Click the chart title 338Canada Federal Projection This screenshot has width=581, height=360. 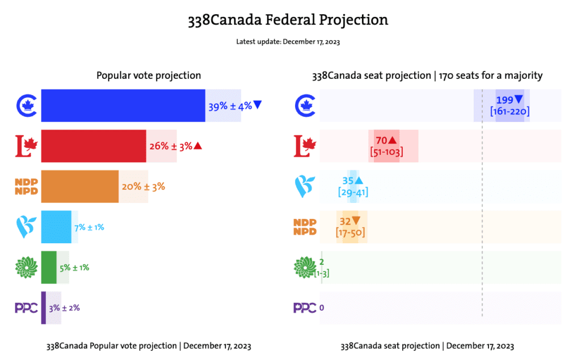click(x=288, y=20)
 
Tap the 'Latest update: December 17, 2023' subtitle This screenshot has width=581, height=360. click(x=288, y=41)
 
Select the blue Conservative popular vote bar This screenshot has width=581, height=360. click(x=123, y=105)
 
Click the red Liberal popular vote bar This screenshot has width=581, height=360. click(x=93, y=146)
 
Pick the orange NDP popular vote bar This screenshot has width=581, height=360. click(x=79, y=187)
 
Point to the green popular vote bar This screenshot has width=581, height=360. click(x=49, y=267)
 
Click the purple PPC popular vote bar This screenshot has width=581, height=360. click(x=44, y=308)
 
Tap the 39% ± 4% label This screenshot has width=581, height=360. click(x=230, y=105)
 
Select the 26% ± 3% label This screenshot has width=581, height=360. click(x=170, y=146)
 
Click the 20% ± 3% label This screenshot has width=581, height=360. click(x=142, y=187)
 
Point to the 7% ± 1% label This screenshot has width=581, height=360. click(x=89, y=227)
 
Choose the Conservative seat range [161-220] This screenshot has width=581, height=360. click(x=510, y=112)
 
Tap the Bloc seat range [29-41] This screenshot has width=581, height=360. click(x=353, y=193)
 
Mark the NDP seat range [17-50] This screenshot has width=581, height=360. click(x=350, y=232)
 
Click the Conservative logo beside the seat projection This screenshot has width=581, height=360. click(x=306, y=105)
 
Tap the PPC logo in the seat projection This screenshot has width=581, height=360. click(x=305, y=308)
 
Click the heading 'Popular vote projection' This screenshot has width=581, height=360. click(x=149, y=75)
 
